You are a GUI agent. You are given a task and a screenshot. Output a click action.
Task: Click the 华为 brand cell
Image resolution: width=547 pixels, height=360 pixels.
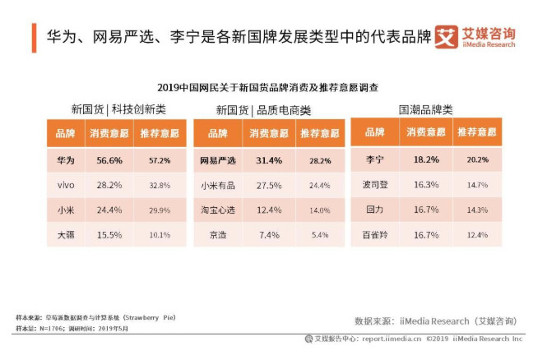coord(65,159)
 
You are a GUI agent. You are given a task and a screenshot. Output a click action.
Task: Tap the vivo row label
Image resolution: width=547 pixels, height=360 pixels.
coord(65,185)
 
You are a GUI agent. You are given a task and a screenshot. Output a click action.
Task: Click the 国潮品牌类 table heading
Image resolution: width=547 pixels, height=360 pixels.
coord(425,109)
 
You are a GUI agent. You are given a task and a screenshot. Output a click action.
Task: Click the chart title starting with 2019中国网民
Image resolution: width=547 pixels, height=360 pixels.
coord(272,86)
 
